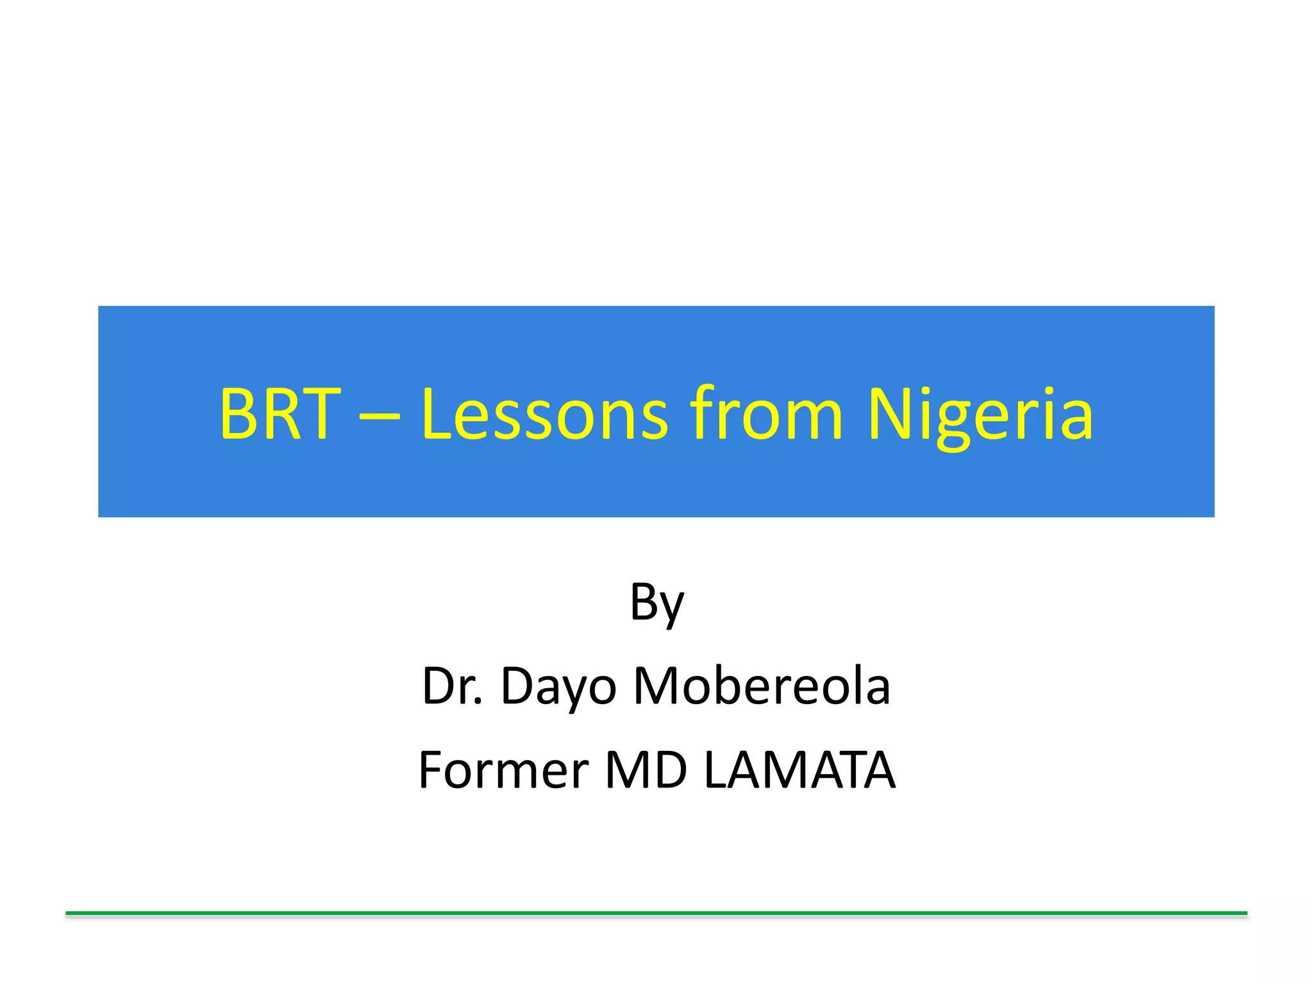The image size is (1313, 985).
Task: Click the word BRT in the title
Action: point(279,414)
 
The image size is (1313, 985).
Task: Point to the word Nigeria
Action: point(980,414)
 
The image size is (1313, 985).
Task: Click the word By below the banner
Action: point(656,603)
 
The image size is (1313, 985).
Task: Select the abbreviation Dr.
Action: point(452,686)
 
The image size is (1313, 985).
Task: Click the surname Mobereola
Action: point(762,686)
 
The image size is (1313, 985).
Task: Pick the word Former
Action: point(503,770)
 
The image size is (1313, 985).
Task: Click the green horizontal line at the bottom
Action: point(656,913)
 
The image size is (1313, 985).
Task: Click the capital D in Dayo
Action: point(516,686)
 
